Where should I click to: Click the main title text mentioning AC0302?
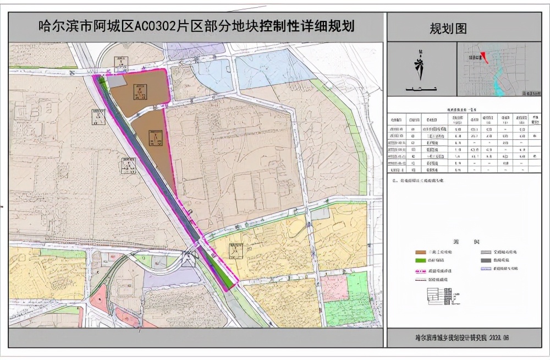pyautogui.click(x=195, y=26)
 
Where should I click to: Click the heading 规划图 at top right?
pyautogui.click(x=448, y=28)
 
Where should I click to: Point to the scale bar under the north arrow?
pyautogui.click(x=420, y=89)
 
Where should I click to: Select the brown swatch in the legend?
pyautogui.click(x=421, y=252)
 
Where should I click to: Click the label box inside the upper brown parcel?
pyautogui.click(x=140, y=92)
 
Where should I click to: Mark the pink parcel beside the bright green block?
pyautogui.click(x=334, y=288)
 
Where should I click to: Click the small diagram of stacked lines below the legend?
pyautogui.click(x=439, y=296)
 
